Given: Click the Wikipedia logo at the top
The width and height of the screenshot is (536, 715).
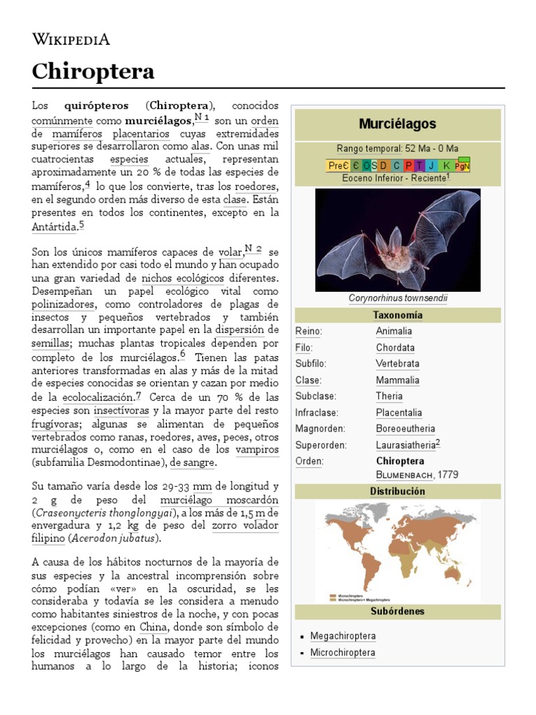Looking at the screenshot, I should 70,39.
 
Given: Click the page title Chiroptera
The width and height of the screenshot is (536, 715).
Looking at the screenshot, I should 93,71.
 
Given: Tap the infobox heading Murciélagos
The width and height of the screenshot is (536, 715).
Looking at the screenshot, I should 397,124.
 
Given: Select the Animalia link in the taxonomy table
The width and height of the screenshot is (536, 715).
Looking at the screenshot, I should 394,331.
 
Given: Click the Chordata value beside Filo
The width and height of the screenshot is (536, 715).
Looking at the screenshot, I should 395,348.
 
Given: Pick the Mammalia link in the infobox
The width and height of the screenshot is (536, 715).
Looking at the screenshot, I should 397,380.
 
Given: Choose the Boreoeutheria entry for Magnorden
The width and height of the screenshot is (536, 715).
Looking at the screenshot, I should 405,429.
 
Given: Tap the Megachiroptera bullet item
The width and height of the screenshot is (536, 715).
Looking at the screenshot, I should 342,636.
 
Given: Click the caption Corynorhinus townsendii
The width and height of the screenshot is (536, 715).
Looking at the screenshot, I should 398,299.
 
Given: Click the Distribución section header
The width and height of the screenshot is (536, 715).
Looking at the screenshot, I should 397,491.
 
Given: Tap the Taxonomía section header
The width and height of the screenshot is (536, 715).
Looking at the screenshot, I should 397,315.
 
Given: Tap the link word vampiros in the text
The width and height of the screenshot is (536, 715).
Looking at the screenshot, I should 257,450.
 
